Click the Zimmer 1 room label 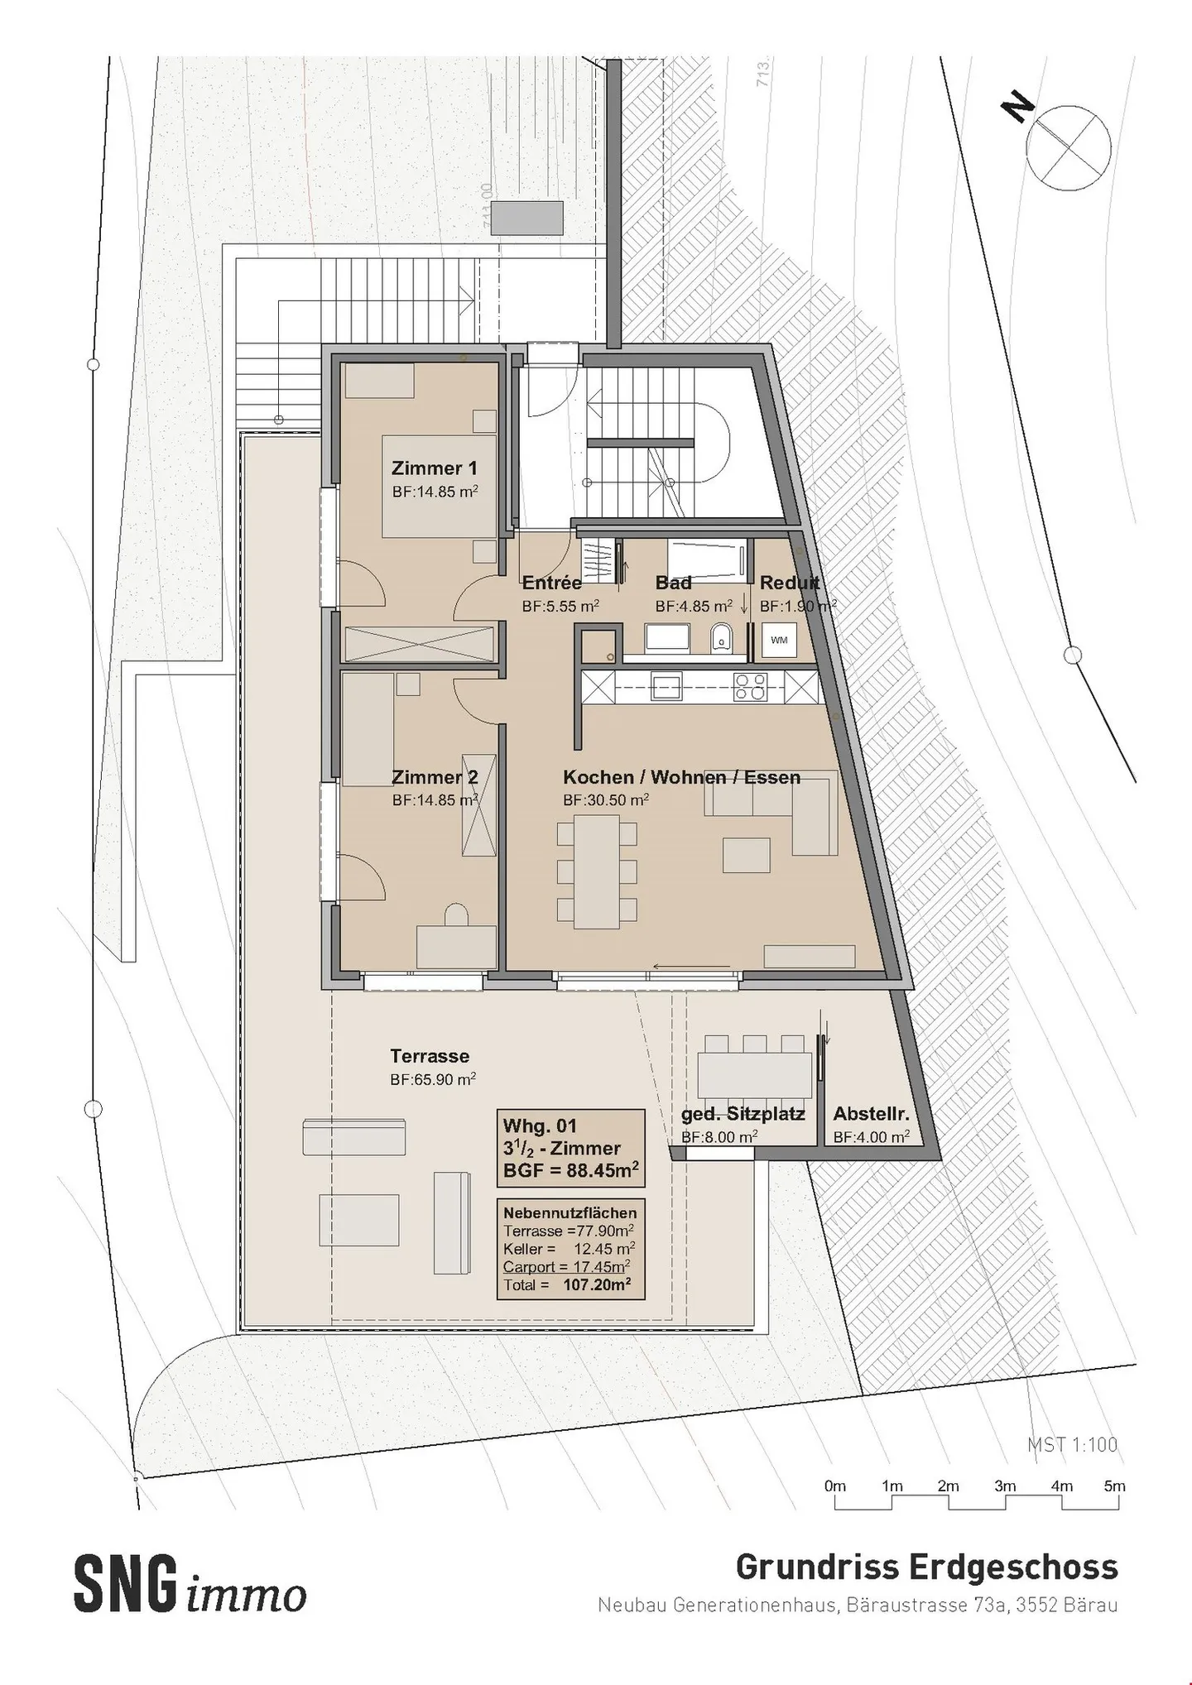(x=434, y=468)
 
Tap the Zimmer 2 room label (x=434, y=777)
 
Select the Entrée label (x=551, y=583)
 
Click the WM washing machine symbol (x=779, y=641)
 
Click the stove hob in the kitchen (x=751, y=686)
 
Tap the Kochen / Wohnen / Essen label (x=681, y=777)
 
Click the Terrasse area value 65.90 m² (x=433, y=1079)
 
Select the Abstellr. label (x=871, y=1113)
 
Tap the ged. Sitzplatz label (x=743, y=1113)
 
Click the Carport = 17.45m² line (x=567, y=1266)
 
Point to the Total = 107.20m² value (x=597, y=1284)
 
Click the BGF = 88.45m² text (x=570, y=1171)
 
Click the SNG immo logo (x=190, y=1585)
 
